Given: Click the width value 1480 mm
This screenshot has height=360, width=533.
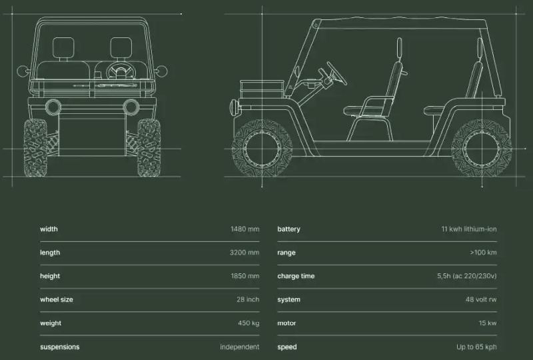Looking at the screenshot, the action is point(245,229).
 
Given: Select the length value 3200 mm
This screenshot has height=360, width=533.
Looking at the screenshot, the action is point(245,253).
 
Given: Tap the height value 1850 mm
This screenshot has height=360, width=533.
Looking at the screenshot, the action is point(245,276).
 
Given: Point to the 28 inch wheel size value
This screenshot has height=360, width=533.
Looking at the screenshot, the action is point(248,299).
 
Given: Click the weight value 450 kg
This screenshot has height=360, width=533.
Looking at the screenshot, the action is point(249,323).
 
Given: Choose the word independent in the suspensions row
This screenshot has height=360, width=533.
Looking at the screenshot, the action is point(239,347).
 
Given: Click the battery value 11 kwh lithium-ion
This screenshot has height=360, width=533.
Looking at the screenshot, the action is point(469,229).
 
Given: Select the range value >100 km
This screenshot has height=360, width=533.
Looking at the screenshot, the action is point(483,253).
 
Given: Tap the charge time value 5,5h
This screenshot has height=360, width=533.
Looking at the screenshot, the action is point(444,276).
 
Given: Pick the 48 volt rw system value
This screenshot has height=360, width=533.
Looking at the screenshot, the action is point(481,299).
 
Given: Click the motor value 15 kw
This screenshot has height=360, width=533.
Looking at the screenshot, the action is point(488,323).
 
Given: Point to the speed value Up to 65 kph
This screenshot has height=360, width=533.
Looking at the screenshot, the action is point(476,347).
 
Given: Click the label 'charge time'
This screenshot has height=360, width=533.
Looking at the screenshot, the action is point(296,276).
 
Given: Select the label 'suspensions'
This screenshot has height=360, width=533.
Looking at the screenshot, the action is point(59,347).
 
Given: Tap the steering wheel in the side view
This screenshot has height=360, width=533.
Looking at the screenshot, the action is point(336,73).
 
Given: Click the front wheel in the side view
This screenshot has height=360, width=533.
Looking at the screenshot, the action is point(262,149).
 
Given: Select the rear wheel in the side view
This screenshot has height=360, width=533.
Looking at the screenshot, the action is point(481,149).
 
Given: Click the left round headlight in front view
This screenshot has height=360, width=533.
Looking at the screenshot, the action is point(53,107).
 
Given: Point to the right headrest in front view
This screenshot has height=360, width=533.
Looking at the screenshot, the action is point(121,48).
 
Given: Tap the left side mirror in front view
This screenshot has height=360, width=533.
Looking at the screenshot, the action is point(23,71).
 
